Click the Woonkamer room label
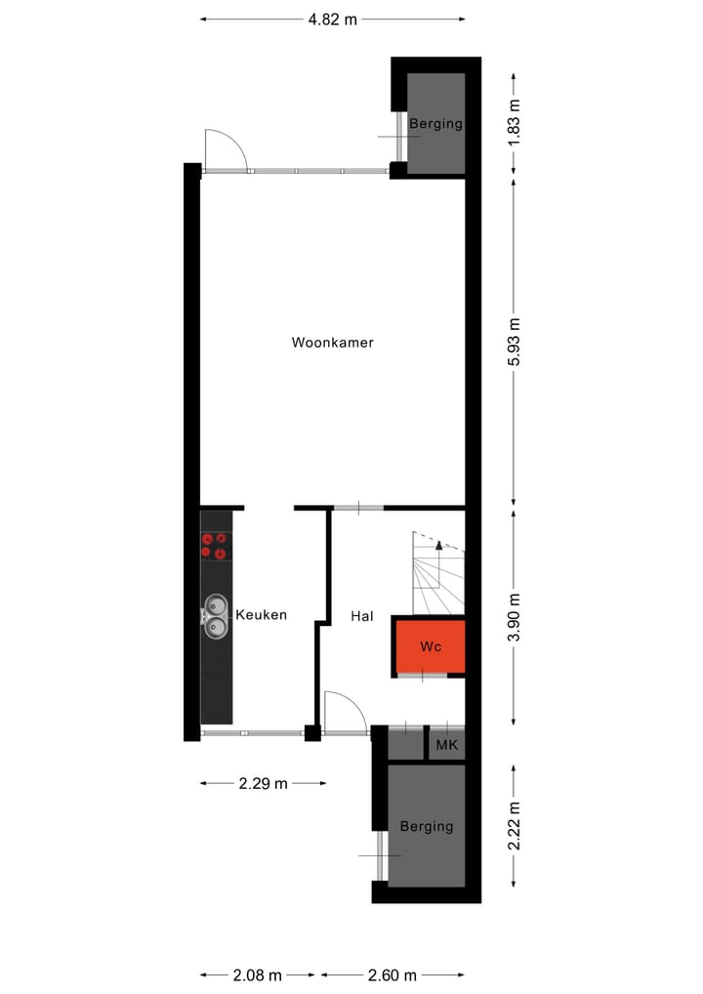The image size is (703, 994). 332,343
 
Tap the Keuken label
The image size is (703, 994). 261,615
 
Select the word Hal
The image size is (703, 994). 362,616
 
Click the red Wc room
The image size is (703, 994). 430,646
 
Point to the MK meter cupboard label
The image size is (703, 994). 447,746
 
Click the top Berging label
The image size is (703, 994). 435,124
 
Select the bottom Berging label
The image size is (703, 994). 427,826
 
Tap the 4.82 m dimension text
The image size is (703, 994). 332,19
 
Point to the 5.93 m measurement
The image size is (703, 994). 515,342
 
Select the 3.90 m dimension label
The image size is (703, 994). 515,616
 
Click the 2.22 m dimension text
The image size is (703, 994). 515,825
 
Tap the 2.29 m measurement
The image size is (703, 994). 264,783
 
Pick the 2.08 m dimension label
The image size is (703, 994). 258,974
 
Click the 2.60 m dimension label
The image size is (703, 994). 393,974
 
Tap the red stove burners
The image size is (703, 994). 215,546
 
